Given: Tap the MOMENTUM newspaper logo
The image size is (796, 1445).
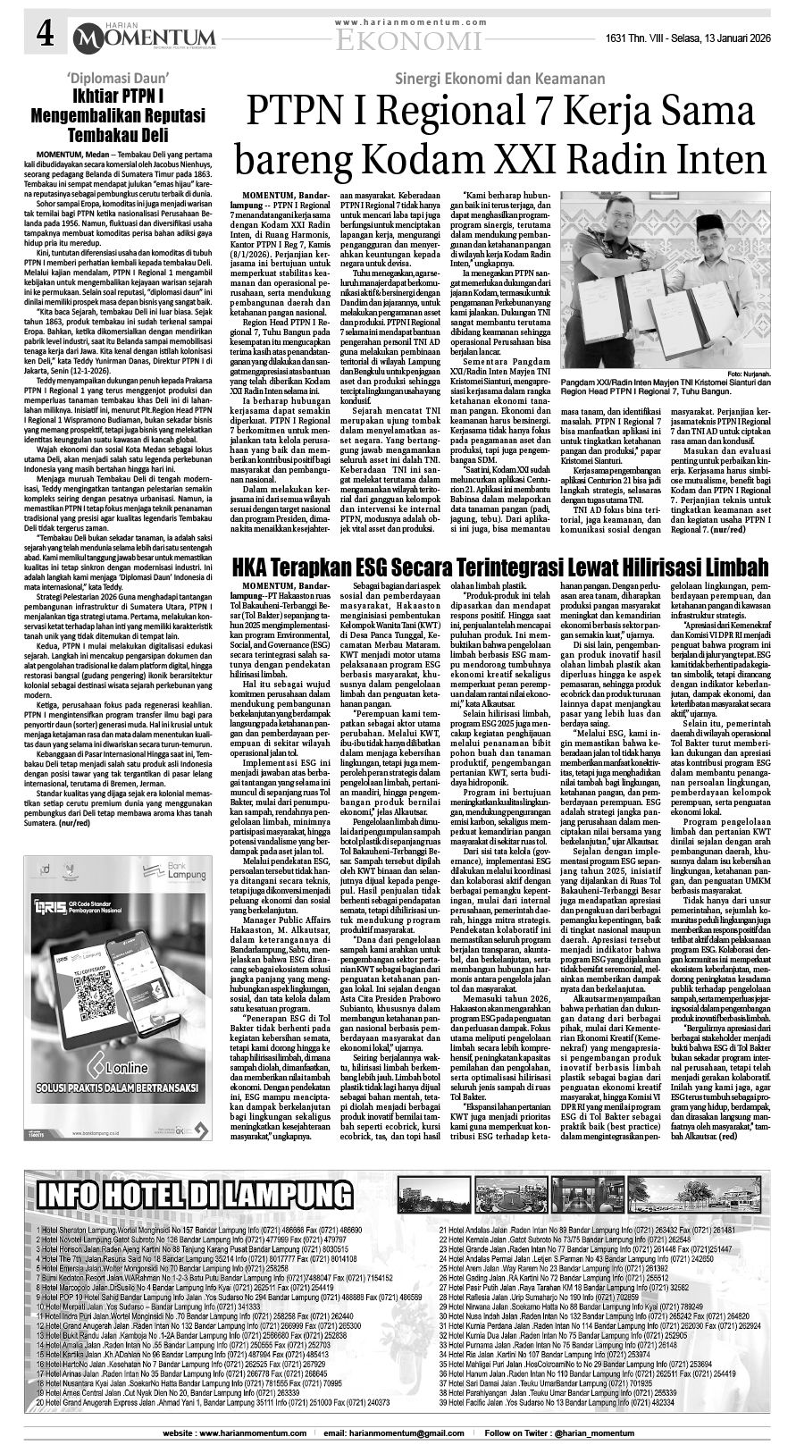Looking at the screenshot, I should click(x=158, y=35).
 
